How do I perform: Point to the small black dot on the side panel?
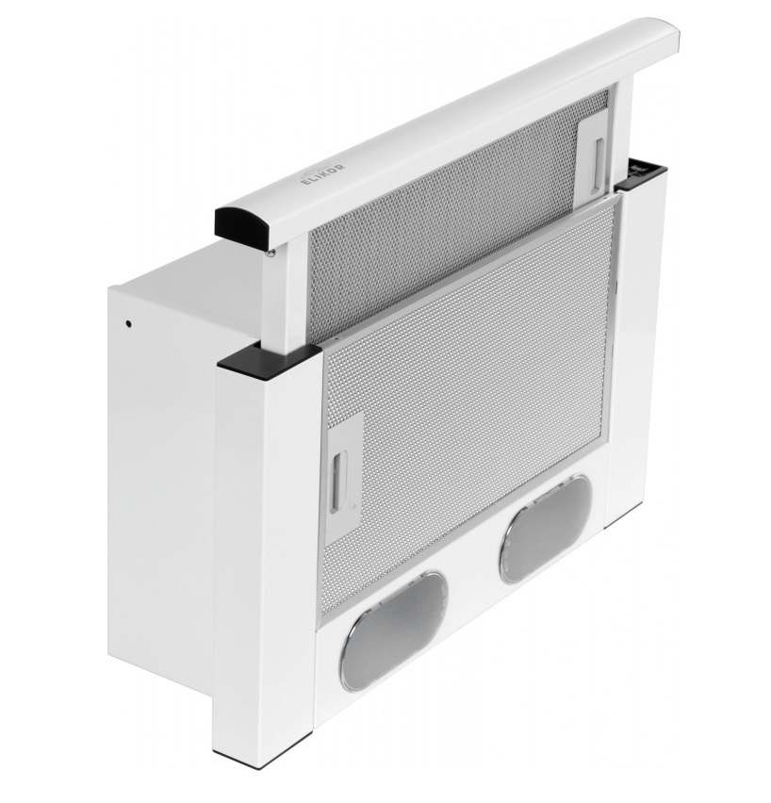[x=127, y=323]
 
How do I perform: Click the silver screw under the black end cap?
[x=270, y=252]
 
